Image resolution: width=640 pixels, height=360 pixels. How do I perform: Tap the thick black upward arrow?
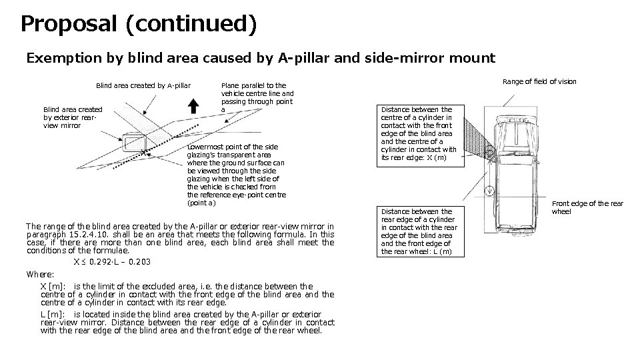(x=193, y=105)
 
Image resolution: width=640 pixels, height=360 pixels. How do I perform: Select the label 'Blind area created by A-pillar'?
(x=143, y=85)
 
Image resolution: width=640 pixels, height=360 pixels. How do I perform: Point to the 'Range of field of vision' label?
(x=539, y=81)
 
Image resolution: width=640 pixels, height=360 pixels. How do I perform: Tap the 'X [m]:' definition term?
(x=53, y=287)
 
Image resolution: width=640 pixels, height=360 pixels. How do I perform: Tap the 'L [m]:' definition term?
(x=53, y=314)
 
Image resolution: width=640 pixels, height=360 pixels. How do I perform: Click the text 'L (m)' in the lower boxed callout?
(x=438, y=251)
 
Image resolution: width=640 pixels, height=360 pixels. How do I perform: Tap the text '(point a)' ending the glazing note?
(x=201, y=203)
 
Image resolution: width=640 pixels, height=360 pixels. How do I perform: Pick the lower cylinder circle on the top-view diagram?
(x=490, y=194)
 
